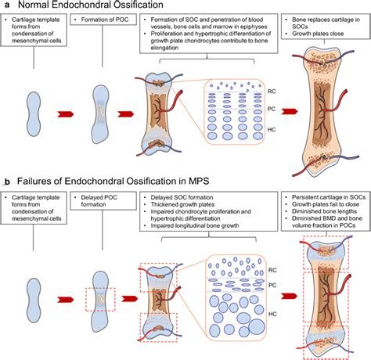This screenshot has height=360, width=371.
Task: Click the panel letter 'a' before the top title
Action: tap(5, 6)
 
